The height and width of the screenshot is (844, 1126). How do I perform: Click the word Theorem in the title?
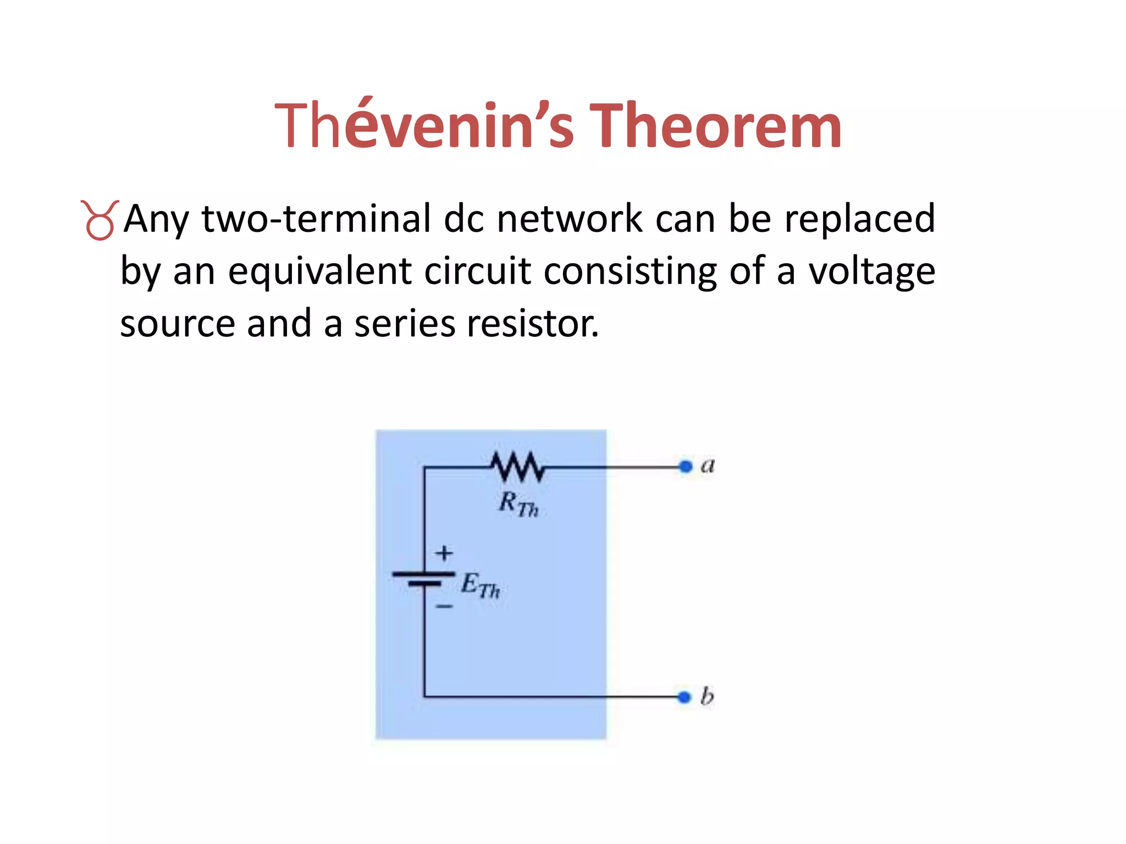click(x=715, y=126)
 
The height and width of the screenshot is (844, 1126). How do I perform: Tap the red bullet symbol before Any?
click(x=100, y=220)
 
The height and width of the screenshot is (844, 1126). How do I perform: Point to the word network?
click(x=570, y=219)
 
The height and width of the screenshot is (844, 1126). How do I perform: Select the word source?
click(x=178, y=324)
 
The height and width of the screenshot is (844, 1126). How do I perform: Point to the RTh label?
click(x=518, y=504)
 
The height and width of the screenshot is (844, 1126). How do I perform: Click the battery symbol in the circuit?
click(x=424, y=579)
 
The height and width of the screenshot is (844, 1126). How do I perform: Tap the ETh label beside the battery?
click(x=480, y=585)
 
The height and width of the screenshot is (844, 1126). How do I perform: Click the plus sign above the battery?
click(x=444, y=553)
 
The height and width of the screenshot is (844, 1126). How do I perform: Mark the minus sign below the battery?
click(x=444, y=607)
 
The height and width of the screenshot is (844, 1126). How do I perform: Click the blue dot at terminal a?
click(x=685, y=467)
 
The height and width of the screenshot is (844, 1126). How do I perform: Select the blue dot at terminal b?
click(x=684, y=697)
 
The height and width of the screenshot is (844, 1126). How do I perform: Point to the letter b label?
click(x=707, y=696)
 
